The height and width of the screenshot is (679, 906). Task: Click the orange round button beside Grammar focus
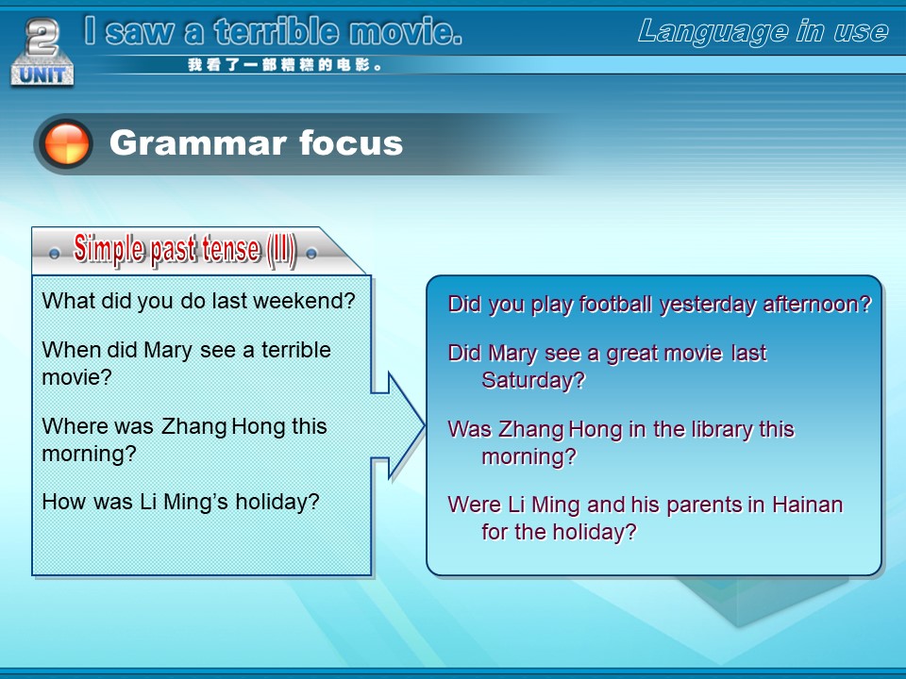tap(67, 143)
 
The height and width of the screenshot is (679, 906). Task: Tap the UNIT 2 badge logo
tap(42, 53)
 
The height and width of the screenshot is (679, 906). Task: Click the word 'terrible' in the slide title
tap(277, 31)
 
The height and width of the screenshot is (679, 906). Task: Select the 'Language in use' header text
tap(763, 32)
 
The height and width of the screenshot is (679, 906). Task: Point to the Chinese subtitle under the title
tap(285, 65)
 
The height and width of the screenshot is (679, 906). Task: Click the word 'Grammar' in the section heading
tap(198, 142)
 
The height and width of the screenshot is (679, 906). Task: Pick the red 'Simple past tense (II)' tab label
tap(185, 250)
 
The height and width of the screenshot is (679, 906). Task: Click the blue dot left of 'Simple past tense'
tap(55, 254)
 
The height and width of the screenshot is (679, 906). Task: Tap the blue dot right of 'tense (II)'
tap(311, 254)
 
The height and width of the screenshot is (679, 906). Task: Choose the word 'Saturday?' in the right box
tap(533, 380)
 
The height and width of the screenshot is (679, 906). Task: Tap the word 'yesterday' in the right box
tap(707, 305)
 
